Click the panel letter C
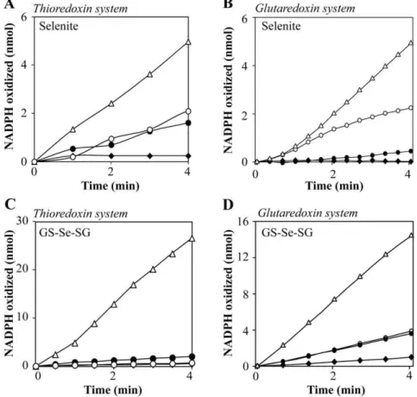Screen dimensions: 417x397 10,205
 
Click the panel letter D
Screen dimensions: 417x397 228,205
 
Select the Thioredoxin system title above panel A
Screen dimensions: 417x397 80,9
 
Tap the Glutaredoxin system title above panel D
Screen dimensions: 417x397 307,213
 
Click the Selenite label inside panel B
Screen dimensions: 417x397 281,26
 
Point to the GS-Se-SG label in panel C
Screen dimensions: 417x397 65,232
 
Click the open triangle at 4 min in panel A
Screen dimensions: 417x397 188,42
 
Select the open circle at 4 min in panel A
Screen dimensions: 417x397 188,111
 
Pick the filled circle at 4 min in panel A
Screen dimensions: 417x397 188,123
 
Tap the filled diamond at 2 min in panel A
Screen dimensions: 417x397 111,156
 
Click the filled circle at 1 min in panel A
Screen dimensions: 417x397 73,148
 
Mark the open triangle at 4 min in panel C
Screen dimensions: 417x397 192,239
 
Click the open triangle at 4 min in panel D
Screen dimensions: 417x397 411,235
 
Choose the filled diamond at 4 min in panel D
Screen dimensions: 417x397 411,357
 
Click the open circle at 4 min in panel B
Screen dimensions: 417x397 411,108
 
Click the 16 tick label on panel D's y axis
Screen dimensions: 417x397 245,221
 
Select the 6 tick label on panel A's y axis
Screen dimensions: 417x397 25,17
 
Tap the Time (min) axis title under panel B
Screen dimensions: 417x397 334,186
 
